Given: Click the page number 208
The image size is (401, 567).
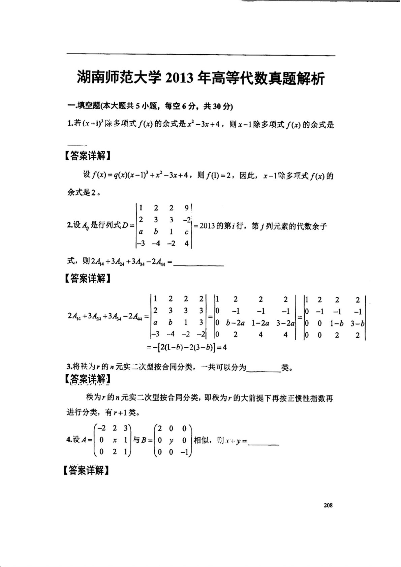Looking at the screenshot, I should tap(328, 505).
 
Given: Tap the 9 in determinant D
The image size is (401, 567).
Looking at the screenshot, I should tap(187, 208).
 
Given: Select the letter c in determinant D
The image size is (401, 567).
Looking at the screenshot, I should tap(186, 232).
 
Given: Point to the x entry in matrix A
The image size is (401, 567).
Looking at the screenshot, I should tap(115, 440).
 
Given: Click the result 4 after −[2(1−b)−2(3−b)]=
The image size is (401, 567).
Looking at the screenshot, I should tap(224, 347).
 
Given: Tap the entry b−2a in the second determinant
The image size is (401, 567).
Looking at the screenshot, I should tap(235, 323).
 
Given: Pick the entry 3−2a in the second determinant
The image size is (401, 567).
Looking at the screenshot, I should tap(285, 323).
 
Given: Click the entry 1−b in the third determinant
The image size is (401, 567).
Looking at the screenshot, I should tap(336, 323).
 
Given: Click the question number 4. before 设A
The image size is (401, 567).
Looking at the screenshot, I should tap(69, 440).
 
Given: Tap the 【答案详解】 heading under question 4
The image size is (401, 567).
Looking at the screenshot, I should tap(87, 470).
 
